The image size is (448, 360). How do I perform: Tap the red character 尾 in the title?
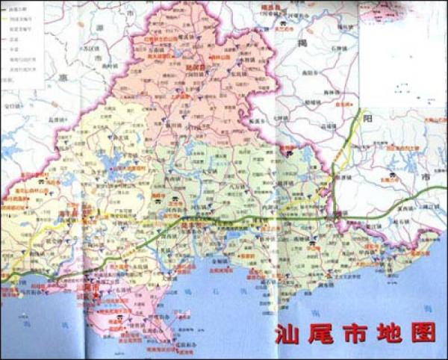(x=326, y=332)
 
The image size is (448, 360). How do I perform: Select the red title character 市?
(x=361, y=332)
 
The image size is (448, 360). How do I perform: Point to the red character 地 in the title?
(x=394, y=332)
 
